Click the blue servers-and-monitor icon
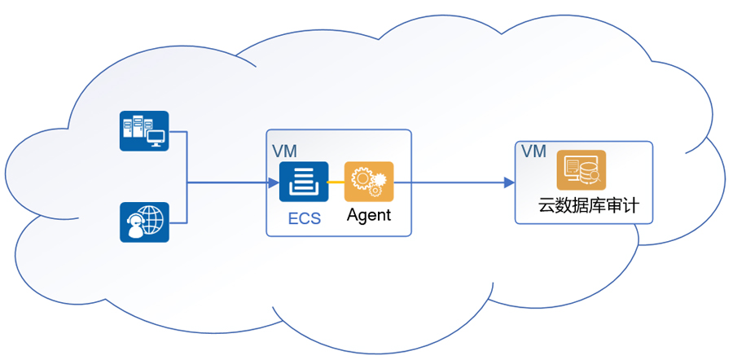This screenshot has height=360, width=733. [x=144, y=131]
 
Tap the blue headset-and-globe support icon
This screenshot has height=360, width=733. [x=144, y=222]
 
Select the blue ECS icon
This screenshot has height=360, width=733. [x=303, y=182]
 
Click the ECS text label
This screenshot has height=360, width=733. [x=304, y=217]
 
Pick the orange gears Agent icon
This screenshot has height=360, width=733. [x=369, y=182]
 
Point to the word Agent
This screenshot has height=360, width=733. [x=369, y=215]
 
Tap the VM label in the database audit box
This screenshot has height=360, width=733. [x=533, y=152]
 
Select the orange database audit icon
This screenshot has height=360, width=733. [x=581, y=170]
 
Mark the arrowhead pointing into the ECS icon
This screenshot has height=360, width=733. [x=274, y=182]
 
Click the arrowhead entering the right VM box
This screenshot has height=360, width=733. [x=509, y=182]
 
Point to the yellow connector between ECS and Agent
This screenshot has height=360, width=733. [x=336, y=182]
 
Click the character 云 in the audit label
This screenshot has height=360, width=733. [x=547, y=206]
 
